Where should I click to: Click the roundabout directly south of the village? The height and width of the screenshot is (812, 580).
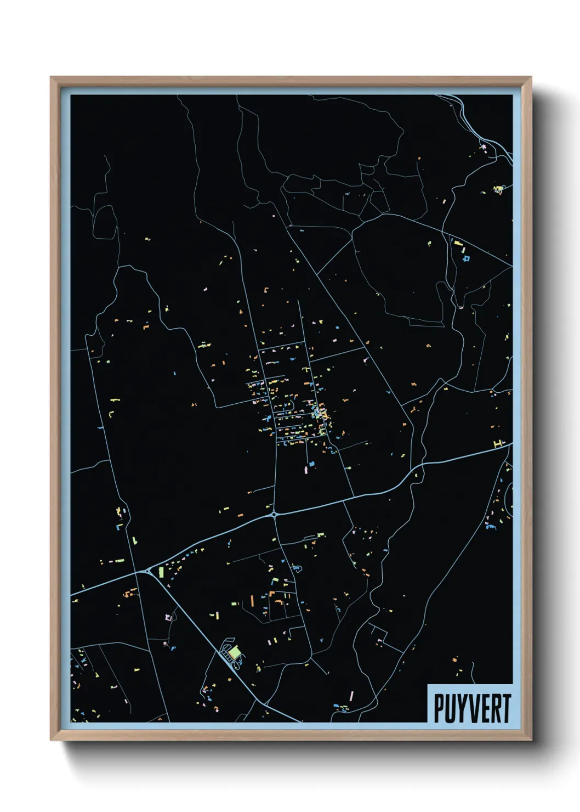coord(274,515)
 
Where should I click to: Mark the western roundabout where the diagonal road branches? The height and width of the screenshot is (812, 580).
coord(148,572)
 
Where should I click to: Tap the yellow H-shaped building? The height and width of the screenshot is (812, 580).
coord(498,443)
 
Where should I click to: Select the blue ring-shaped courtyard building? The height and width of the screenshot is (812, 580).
coord(466,257)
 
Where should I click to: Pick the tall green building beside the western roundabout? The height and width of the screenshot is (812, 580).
coord(161,572)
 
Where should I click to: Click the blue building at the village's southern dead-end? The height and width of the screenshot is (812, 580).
coord(311,464)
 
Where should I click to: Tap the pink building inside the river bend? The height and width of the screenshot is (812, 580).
coord(484,146)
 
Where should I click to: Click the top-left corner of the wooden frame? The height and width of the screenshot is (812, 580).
coord(51,77)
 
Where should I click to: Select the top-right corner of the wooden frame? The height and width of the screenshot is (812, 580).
coord(531,77)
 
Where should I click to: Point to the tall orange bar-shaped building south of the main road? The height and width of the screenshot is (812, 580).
coord(252,600)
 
